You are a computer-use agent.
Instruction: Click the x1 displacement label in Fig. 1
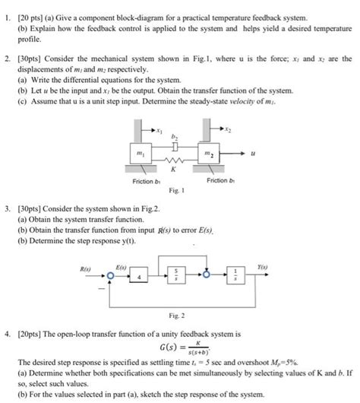pyautogui.click(x=160, y=130)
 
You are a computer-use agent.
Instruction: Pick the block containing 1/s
pyautogui.click(x=235, y=271)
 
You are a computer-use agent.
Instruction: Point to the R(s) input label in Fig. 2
pyautogui.click(x=85, y=268)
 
